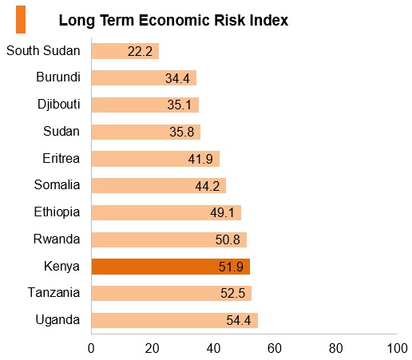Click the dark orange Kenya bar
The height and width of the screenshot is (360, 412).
click(171, 267)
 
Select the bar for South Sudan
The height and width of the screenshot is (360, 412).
click(125, 51)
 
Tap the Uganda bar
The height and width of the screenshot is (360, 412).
click(175, 320)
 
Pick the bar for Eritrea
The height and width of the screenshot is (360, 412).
click(156, 159)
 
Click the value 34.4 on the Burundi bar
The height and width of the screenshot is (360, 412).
click(177, 78)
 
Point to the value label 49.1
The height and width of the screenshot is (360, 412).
click(222, 212)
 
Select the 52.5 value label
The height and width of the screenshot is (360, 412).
click(232, 293)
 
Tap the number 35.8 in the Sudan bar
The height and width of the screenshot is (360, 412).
click(182, 132)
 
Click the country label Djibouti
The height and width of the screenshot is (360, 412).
click(59, 104)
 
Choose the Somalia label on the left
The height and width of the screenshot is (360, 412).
click(57, 184)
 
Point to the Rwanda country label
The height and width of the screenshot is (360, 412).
click(57, 239)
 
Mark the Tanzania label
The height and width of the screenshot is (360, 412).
click(53, 292)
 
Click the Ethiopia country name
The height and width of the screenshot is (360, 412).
click(57, 212)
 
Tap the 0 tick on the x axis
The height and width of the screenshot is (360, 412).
click(91, 348)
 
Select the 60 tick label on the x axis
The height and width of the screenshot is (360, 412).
click(275, 348)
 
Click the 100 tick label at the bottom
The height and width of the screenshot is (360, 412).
click(398, 348)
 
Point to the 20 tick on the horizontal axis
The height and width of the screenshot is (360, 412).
click(153, 348)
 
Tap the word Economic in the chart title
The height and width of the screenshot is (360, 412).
click(175, 20)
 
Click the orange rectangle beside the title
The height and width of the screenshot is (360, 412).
click(21, 19)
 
